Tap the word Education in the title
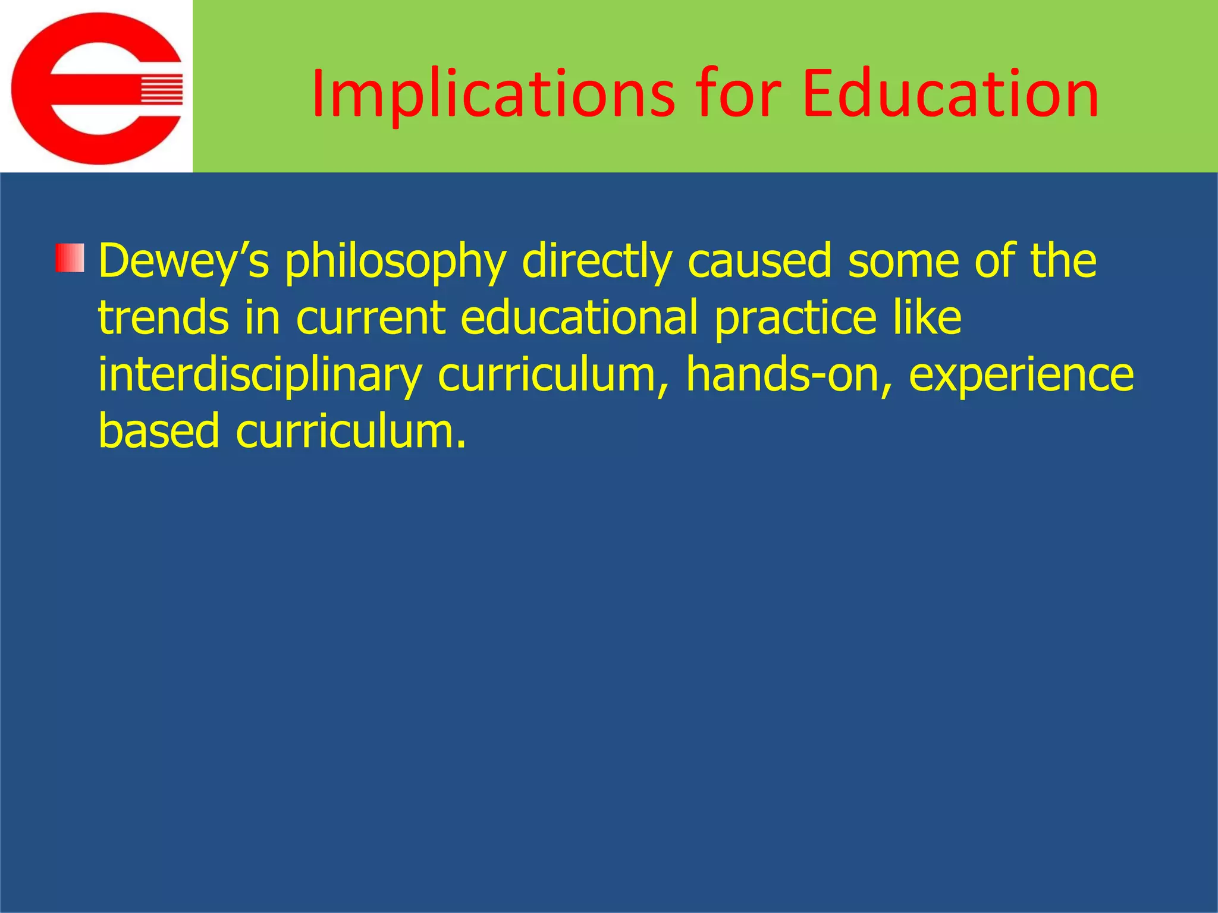pyautogui.click(x=950, y=94)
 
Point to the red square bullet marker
pyautogui.click(x=70, y=258)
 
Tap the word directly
pyautogui.click(x=597, y=262)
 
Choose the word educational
pyautogui.click(x=579, y=317)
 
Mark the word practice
pyautogui.click(x=795, y=319)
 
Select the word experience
pyautogui.click(x=1021, y=376)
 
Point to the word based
pyautogui.click(x=159, y=430)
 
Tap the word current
pyautogui.click(x=371, y=317)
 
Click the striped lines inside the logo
pyautogui.click(x=161, y=89)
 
